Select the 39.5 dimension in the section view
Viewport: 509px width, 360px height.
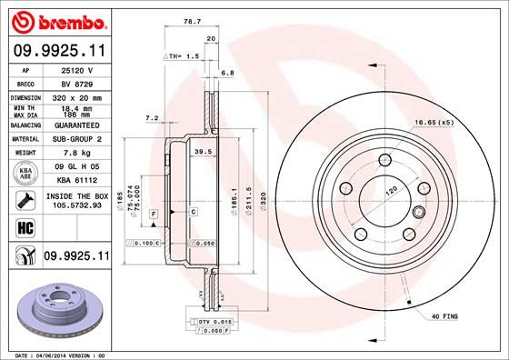pos(204,152)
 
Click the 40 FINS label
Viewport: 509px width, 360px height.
pos(444,315)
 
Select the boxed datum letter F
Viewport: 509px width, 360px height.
pos(155,212)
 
